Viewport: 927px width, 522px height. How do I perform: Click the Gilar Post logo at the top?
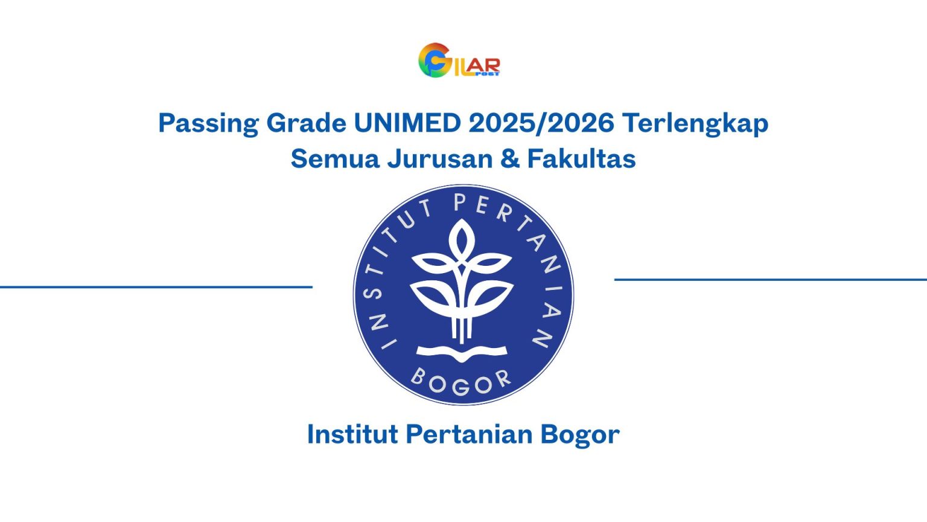point(459,60)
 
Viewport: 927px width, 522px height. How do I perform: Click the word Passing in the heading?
point(208,123)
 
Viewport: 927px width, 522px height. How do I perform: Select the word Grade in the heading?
point(306,123)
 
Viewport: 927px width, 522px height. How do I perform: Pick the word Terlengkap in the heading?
point(695,123)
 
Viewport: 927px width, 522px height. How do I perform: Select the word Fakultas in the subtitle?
point(582,159)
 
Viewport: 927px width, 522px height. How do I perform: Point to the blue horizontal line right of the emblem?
point(770,280)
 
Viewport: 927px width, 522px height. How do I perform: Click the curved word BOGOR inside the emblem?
point(461,382)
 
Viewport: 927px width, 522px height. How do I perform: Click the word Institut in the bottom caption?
point(352,434)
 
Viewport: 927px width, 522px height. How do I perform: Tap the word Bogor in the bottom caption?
point(580,434)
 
